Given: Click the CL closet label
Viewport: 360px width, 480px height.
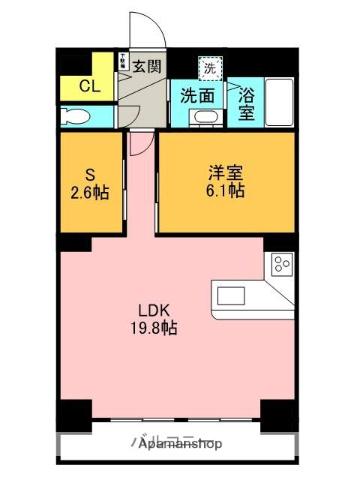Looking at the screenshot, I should coord(88,85).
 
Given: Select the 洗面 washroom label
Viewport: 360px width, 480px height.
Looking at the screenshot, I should coord(197,96).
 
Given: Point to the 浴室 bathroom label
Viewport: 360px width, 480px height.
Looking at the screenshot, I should coord(246,105).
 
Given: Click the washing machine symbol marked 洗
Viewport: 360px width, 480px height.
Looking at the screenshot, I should coord(209,69).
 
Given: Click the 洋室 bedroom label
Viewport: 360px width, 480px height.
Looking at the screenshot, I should coord(222,170).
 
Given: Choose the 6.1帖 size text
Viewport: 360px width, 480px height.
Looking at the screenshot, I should coord(222,190).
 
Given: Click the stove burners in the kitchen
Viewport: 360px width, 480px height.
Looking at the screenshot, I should coord(281,265).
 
